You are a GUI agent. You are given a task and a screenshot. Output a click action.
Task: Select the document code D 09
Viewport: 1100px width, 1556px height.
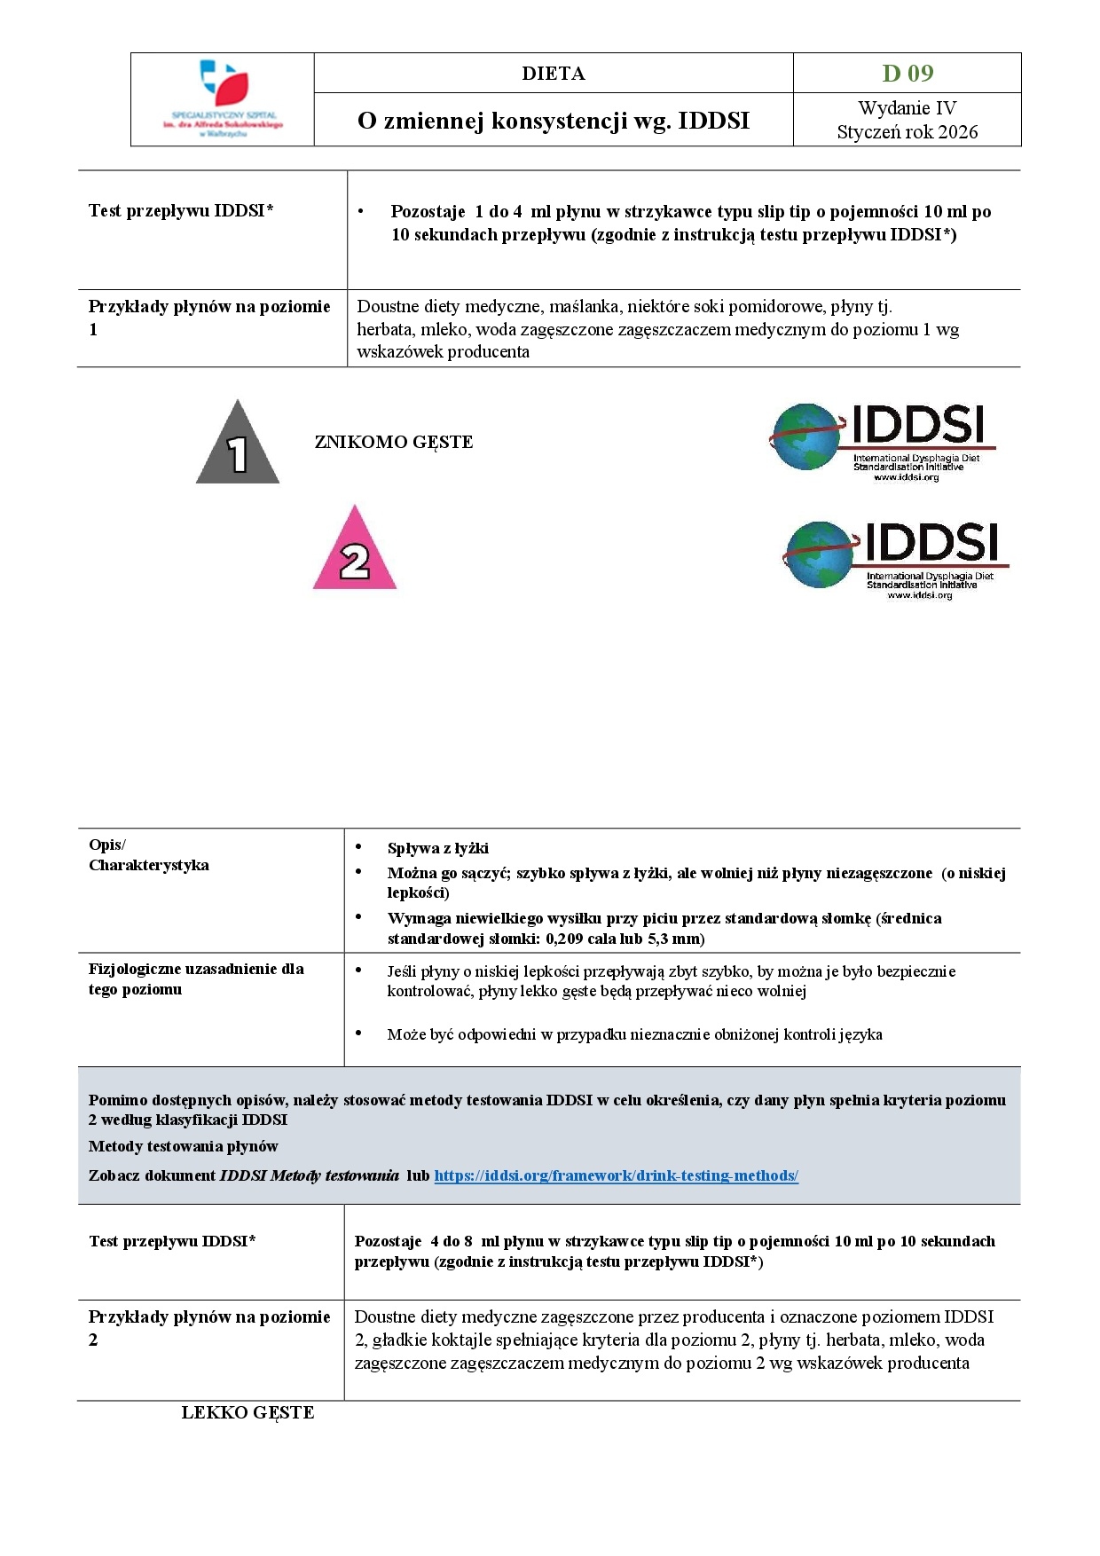(907, 73)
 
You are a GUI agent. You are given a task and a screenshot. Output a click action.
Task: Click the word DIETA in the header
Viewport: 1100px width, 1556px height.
(553, 74)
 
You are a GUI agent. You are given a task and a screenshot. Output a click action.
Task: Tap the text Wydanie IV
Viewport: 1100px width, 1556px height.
(907, 108)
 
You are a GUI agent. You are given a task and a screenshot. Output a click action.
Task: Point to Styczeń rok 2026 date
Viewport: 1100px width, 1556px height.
(907, 132)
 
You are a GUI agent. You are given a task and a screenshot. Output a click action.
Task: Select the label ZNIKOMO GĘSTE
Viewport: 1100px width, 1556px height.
(394, 442)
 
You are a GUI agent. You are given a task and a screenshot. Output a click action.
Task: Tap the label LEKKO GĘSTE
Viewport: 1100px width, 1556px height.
(247, 1412)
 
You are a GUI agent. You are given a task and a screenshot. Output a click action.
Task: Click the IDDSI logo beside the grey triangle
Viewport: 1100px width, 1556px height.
(883, 441)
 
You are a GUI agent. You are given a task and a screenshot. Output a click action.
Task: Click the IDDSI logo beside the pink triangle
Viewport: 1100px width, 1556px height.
(896, 559)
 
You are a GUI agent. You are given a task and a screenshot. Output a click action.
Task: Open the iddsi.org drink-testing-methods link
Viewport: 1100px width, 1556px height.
(616, 1175)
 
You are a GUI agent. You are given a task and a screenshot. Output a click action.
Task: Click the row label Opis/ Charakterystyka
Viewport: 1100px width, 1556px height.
(148, 854)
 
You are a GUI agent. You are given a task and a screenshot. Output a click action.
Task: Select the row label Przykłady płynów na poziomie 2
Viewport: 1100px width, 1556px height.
(208, 1328)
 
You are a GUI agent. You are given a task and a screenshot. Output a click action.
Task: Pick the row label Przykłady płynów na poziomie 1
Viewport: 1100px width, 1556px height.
(208, 318)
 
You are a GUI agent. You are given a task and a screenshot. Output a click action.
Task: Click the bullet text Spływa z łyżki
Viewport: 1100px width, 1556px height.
(437, 848)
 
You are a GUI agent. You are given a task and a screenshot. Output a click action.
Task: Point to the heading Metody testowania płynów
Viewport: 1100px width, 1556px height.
(183, 1146)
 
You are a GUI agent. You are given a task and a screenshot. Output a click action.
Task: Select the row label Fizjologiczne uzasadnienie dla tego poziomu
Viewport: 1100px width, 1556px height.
(195, 978)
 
